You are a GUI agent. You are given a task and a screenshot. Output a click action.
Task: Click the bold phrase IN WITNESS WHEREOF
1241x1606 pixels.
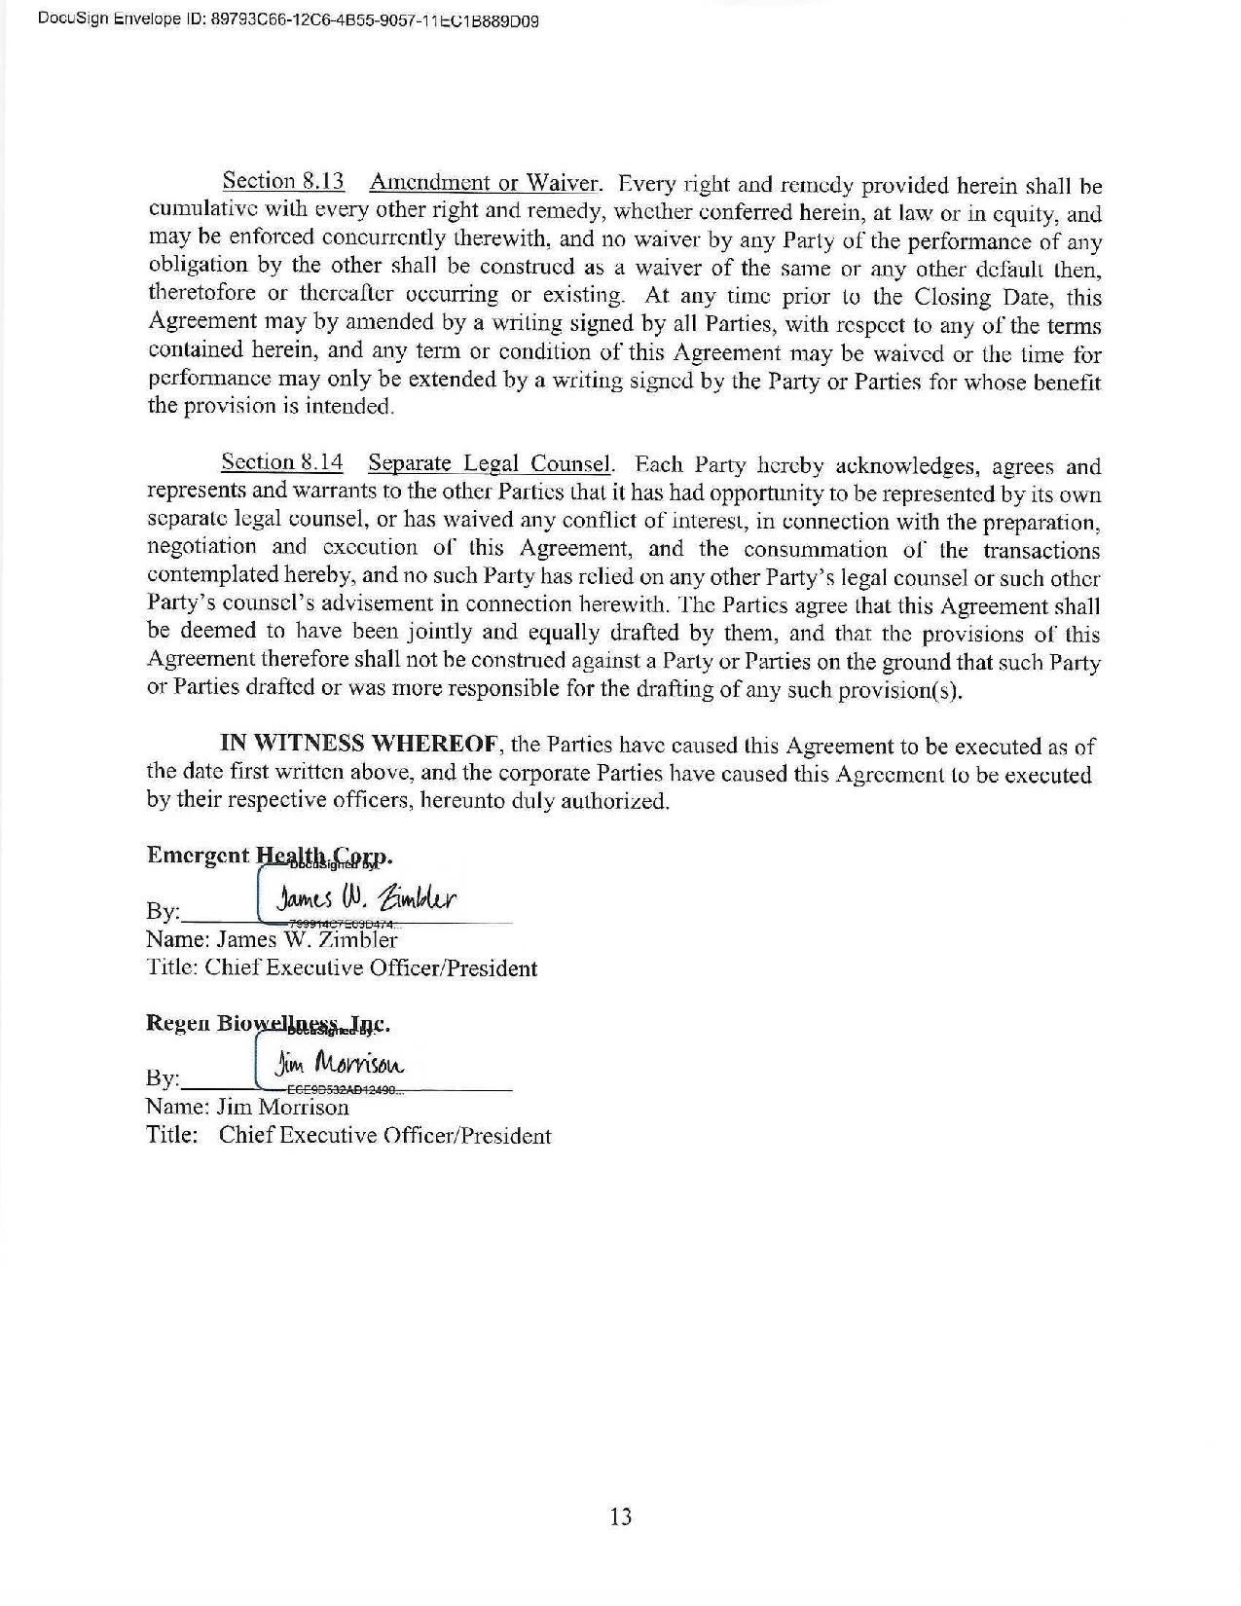coord(360,745)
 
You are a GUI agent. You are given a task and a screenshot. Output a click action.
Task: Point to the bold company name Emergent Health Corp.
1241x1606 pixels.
coord(269,856)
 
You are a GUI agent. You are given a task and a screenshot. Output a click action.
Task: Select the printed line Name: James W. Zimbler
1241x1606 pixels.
coord(272,939)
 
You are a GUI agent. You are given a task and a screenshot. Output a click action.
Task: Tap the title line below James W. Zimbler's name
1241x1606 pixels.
coord(342,968)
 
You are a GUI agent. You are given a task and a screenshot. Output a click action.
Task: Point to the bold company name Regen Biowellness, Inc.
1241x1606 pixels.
coord(268,1024)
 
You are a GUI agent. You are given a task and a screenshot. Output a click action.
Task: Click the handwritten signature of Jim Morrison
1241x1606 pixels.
coord(340,1065)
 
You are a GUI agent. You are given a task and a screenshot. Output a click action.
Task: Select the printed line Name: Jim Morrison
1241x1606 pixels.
coord(247,1107)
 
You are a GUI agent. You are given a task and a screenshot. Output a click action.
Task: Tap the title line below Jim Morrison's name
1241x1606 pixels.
coord(348,1136)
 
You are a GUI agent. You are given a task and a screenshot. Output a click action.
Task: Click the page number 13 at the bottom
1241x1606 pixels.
coord(620,1516)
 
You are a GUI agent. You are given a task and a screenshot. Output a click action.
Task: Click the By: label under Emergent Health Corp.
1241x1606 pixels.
coord(163,912)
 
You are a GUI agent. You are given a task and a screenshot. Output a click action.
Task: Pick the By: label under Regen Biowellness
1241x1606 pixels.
coord(163,1078)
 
